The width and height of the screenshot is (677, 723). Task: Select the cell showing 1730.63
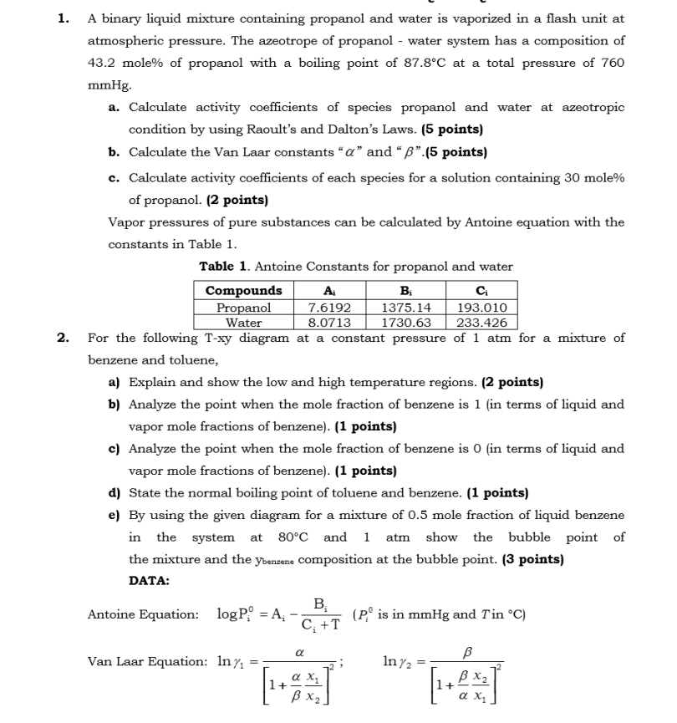(405, 323)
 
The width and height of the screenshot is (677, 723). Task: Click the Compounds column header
(243, 292)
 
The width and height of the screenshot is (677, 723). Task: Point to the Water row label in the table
(243, 323)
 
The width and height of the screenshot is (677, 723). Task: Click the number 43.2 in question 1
(104, 63)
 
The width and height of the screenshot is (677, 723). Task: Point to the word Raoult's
(383, 130)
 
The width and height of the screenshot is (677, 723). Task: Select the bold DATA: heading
(150, 581)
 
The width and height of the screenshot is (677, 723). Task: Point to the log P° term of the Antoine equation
(238, 615)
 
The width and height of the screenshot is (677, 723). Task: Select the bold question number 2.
(63, 339)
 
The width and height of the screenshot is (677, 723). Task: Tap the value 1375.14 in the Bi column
(405, 308)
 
